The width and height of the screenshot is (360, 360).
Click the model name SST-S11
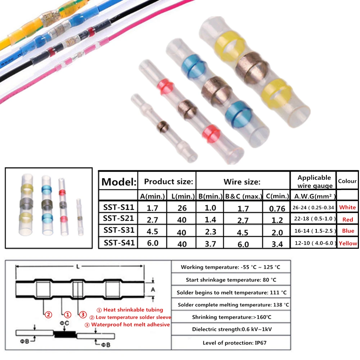(x=119, y=207)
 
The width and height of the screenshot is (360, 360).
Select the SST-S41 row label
(x=119, y=243)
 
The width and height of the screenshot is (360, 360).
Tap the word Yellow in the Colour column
(x=348, y=243)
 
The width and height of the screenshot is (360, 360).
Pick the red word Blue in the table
(x=348, y=231)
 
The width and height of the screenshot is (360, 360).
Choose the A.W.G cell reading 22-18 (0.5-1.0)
(x=313, y=219)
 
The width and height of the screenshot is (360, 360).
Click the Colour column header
(x=347, y=181)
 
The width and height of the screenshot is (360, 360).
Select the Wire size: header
(x=242, y=182)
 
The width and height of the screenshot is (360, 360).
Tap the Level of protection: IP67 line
(x=230, y=343)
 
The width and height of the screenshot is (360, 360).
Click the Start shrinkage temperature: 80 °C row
(x=230, y=280)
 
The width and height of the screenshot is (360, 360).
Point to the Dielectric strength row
(x=230, y=329)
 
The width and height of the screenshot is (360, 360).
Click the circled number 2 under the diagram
(x=49, y=315)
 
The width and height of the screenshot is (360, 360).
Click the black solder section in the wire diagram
(x=65, y=334)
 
